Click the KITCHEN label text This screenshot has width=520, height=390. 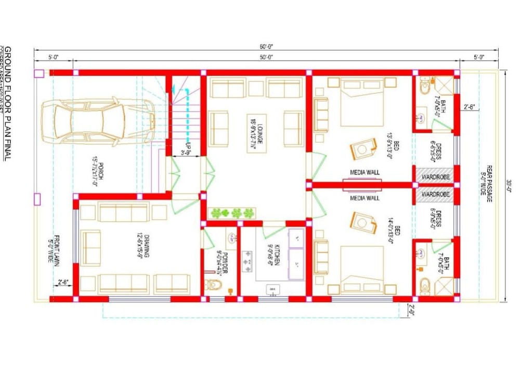(x=277, y=255)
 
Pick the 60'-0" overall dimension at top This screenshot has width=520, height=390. (x=266, y=46)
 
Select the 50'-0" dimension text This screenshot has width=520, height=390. (x=266, y=57)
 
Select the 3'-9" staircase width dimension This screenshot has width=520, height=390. (x=186, y=153)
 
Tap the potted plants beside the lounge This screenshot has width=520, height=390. (x=232, y=212)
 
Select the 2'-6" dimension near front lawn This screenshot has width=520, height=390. (x=63, y=282)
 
